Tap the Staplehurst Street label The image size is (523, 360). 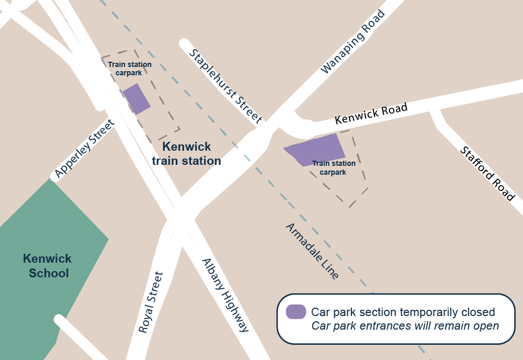pyautogui.click(x=225, y=86)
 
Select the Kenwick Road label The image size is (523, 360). pyautogui.click(x=371, y=114)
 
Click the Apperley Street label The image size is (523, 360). pyautogui.click(x=84, y=148)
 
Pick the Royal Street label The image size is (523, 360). pyautogui.click(x=151, y=302)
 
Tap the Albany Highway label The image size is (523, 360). pyautogui.click(x=225, y=296)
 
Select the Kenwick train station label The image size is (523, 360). pyautogui.click(x=187, y=154)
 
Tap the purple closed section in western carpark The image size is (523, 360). pyautogui.click(x=137, y=98)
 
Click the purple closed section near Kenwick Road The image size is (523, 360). pyautogui.click(x=316, y=149)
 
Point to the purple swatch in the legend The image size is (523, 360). pyautogui.click(x=296, y=312)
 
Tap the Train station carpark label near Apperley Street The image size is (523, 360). pyautogui.click(x=130, y=69)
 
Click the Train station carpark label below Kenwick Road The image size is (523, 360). pyautogui.click(x=334, y=168)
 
